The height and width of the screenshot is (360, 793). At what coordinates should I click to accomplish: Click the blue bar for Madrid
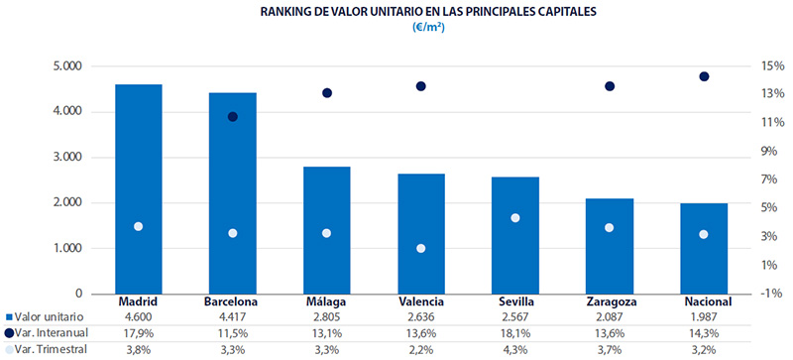pyautogui.click(x=139, y=188)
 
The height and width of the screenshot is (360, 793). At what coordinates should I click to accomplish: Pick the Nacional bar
pyautogui.click(x=704, y=248)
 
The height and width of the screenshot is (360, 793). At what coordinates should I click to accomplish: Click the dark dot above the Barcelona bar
pyautogui.click(x=233, y=117)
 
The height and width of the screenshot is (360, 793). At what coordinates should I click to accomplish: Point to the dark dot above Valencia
pyautogui.click(x=421, y=86)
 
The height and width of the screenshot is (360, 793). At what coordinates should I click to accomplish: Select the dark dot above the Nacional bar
pyautogui.click(x=704, y=76)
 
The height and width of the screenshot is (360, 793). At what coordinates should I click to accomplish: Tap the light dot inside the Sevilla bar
pyautogui.click(x=515, y=217)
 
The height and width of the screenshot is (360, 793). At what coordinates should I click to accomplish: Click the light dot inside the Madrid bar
pyautogui.click(x=139, y=226)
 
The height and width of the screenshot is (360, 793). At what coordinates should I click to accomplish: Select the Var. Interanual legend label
pyautogui.click(x=54, y=333)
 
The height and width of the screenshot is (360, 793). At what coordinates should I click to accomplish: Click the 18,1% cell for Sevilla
pyautogui.click(x=515, y=333)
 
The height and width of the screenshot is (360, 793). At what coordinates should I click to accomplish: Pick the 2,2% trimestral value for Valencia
pyautogui.click(x=421, y=349)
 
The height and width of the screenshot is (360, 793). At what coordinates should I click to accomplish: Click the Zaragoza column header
pyautogui.click(x=610, y=301)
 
